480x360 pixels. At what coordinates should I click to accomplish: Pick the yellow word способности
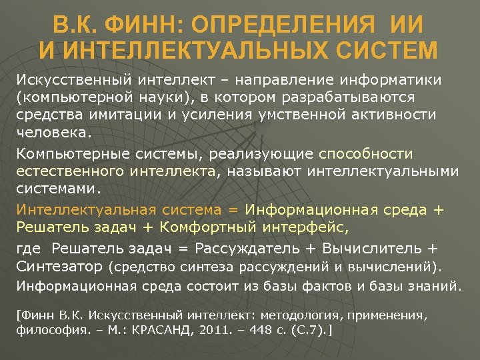(x=365, y=155)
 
